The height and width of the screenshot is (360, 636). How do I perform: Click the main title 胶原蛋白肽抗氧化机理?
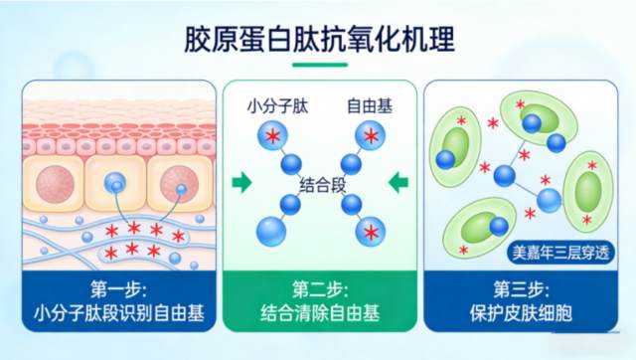coord(320,40)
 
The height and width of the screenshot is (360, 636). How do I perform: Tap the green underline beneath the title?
coord(320,65)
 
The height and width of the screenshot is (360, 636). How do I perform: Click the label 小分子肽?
coord(278,106)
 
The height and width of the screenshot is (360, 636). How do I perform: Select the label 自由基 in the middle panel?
coord(370,106)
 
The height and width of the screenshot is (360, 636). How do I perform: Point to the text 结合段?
coord(322,186)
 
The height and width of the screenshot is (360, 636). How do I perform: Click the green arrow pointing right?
coord(241,182)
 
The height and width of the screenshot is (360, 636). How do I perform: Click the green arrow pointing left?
coord(398,182)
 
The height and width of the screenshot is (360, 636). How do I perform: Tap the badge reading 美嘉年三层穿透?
coord(560,253)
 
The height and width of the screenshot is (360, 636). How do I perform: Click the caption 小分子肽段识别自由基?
coord(119,313)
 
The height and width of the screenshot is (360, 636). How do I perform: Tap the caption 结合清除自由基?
coord(320,313)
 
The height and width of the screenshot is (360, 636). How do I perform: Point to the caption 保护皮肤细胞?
coord(521,313)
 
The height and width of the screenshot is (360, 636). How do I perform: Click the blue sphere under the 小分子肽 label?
coord(272,135)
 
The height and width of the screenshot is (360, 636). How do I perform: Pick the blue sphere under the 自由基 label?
coord(370,135)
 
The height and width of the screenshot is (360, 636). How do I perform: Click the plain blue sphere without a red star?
coord(271,232)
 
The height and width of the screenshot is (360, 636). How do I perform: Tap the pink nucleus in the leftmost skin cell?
coord(56,184)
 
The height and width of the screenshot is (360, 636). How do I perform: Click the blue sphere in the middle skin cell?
coord(115,183)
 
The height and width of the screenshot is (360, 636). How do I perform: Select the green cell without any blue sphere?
coord(587,192)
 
